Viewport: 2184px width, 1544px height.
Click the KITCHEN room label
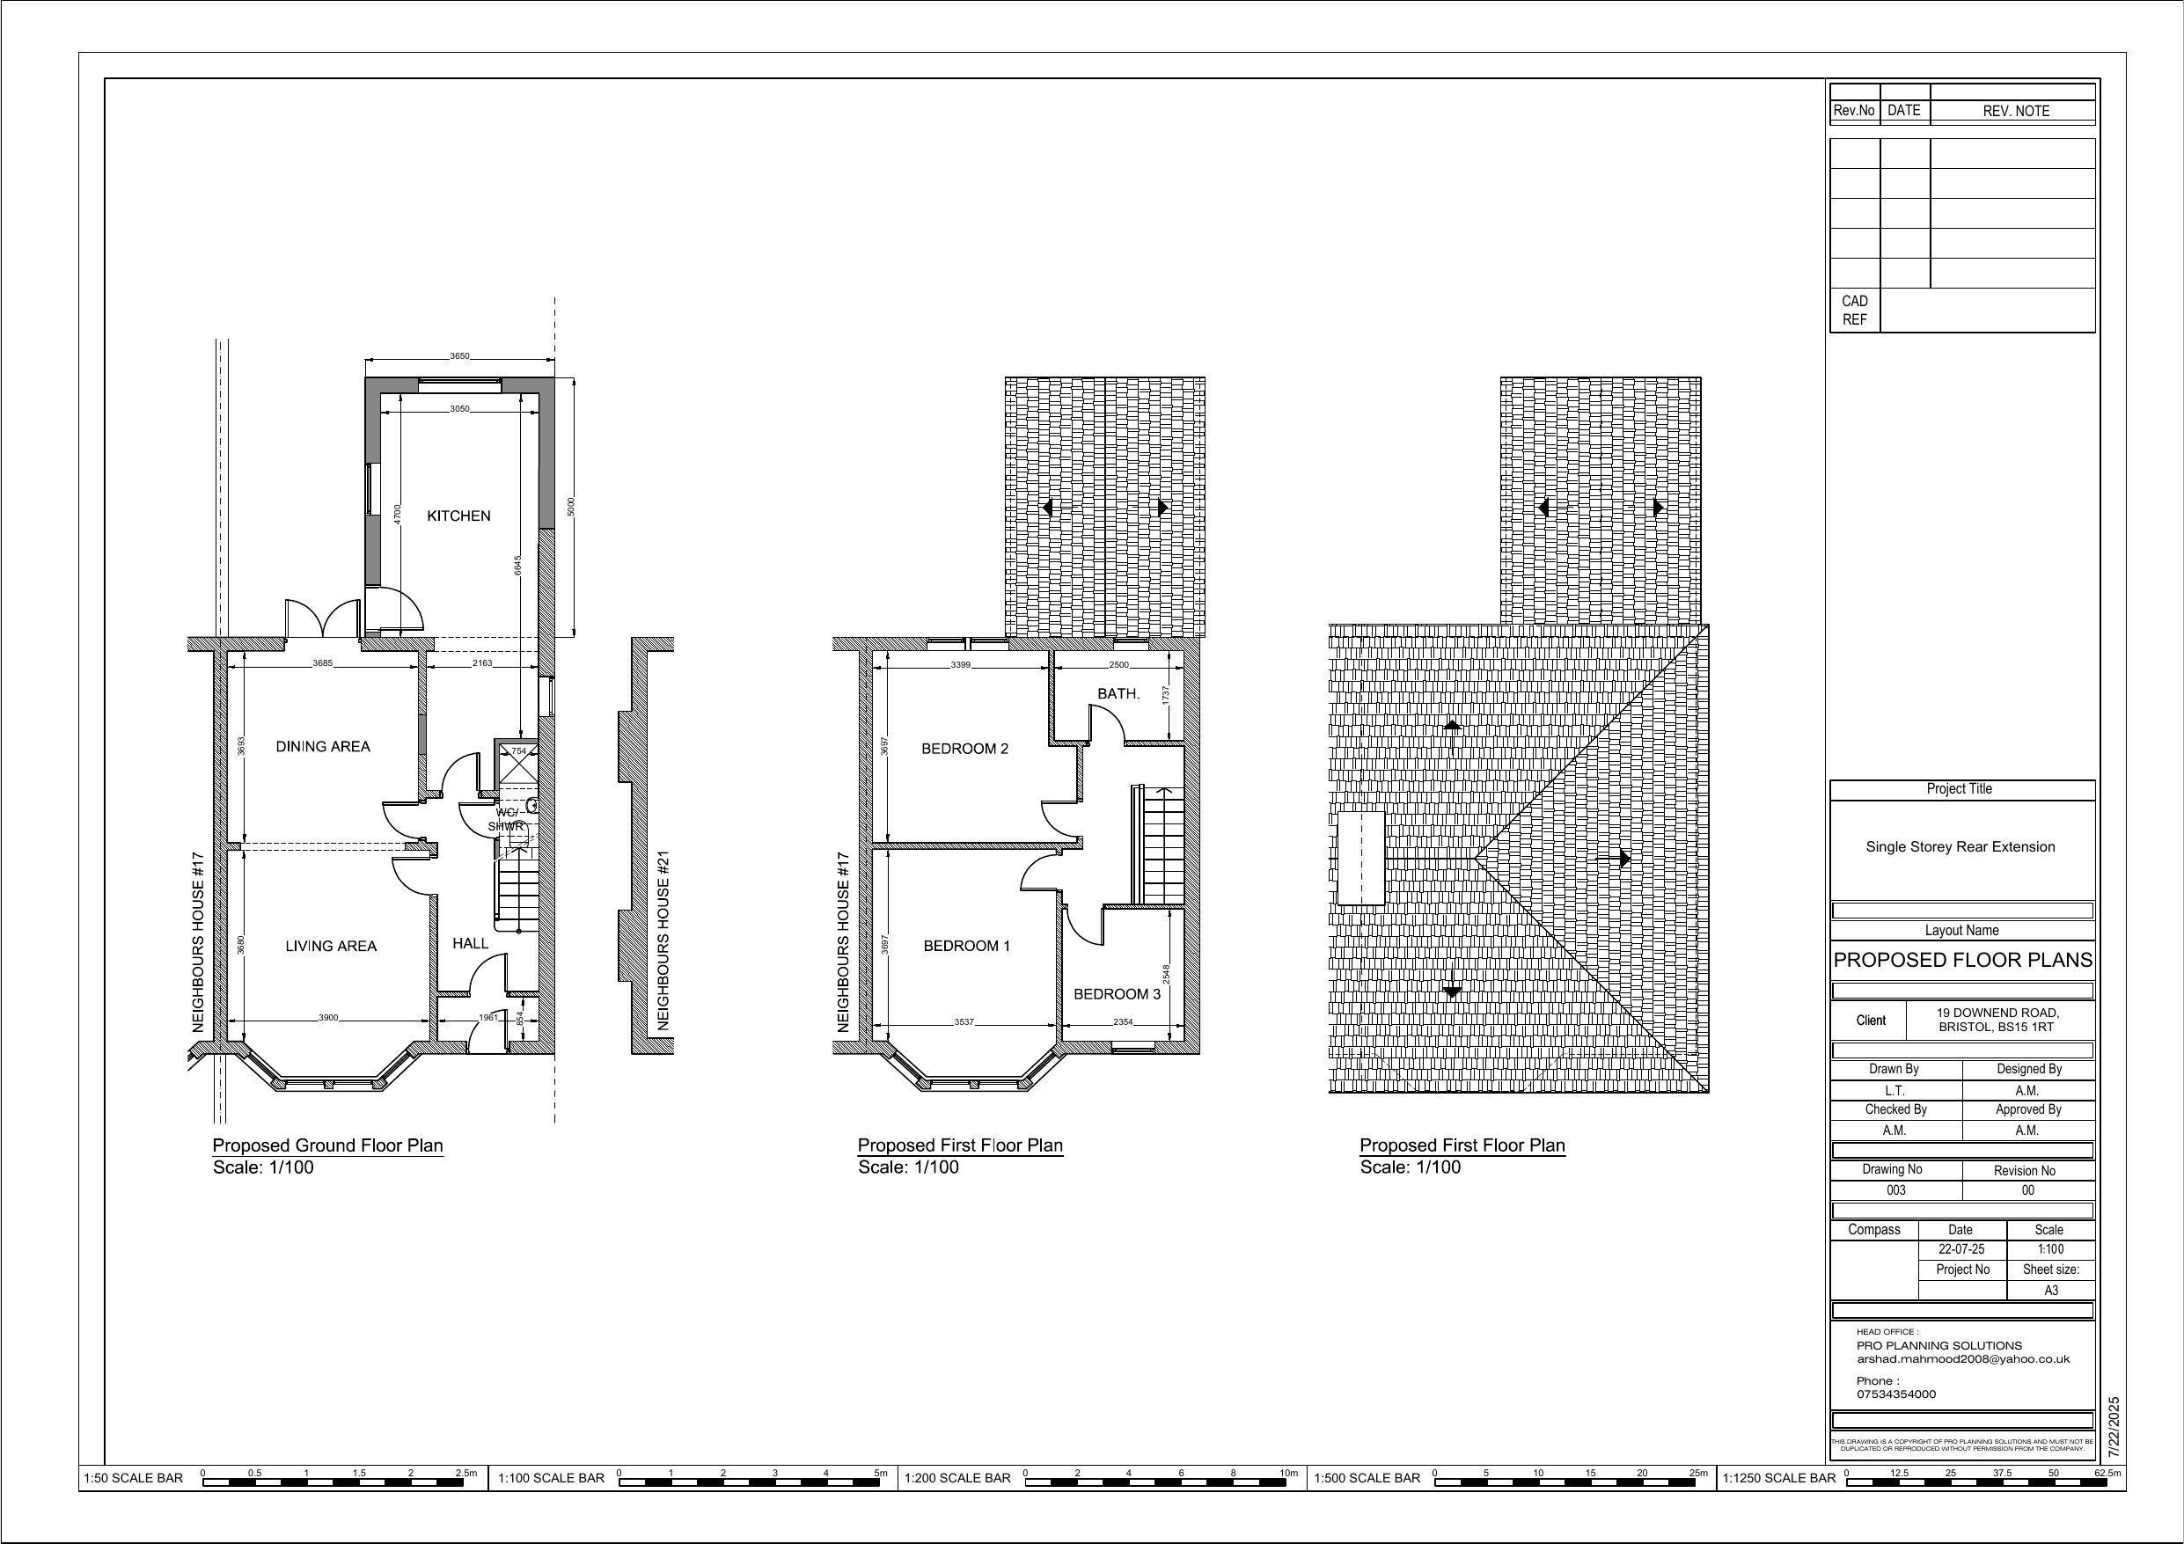458,516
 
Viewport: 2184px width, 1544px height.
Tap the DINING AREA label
322,747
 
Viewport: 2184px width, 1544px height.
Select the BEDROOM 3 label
1117,994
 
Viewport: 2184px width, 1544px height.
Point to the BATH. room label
1118,693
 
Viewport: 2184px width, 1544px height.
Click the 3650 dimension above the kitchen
459,356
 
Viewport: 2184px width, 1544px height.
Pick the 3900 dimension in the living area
327,1018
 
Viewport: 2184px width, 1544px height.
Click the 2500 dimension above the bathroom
1118,665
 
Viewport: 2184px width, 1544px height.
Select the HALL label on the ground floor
470,944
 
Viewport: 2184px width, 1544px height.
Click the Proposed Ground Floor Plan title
327,1145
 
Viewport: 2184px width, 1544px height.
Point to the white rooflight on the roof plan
1360,857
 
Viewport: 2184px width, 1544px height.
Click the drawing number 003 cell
1895,1190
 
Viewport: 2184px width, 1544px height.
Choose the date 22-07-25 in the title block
1961,1249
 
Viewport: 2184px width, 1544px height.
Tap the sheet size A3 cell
2051,1291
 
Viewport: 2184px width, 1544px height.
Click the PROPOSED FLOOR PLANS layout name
1962,960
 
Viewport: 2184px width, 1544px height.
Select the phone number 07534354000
1895,1394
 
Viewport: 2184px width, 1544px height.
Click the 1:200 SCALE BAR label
956,1477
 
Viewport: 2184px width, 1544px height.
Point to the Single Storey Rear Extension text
1960,846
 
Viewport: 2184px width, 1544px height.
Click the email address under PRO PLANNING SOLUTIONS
1962,1359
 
